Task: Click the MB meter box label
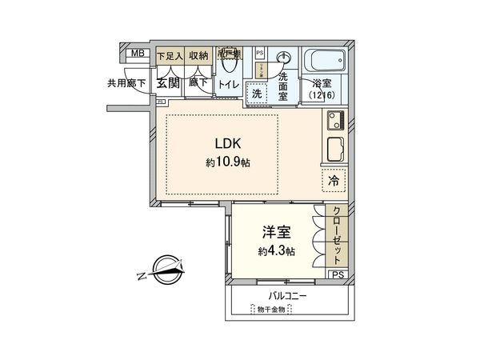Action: [138, 54]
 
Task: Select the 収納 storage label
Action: [198, 56]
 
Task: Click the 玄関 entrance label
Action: [167, 82]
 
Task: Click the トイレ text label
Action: [228, 83]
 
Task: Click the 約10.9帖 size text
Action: [227, 162]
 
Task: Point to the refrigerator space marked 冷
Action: [333, 181]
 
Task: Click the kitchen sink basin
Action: [334, 150]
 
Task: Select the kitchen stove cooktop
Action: [334, 121]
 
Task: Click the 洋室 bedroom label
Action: [275, 233]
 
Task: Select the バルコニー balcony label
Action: [288, 296]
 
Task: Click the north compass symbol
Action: [165, 274]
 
